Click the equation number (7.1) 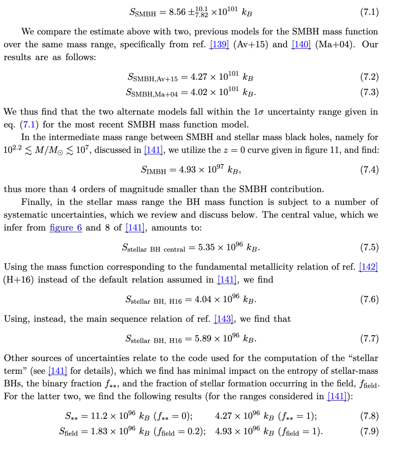click(369, 12)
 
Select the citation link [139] click(219, 44)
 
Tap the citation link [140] click(301, 44)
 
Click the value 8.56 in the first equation click(177, 12)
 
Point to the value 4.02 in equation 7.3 click(199, 92)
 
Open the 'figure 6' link click(66, 228)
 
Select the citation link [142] click(368, 267)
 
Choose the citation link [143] click(224, 319)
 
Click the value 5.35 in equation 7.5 click(207, 247)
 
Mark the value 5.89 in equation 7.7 click(204, 339)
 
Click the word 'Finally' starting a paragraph click(35, 202)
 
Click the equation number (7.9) click(369, 431)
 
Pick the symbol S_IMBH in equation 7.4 click(154, 170)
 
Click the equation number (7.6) click(369, 299)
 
